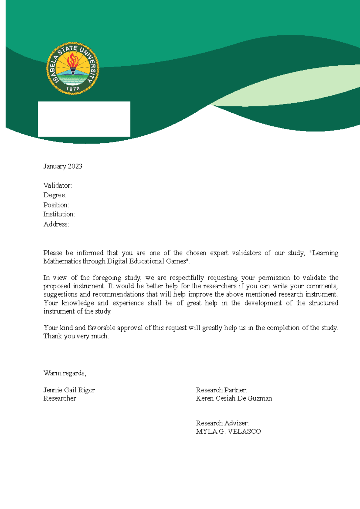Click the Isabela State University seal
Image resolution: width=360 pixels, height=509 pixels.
pos(73,69)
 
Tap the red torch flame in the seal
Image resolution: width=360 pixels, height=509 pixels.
pos(73,60)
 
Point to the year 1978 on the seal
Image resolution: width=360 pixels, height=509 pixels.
pos(73,89)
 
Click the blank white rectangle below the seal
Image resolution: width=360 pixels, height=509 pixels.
pos(84,119)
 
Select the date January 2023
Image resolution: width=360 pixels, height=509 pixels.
pos(63,166)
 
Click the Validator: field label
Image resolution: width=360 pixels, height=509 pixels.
pos(58,186)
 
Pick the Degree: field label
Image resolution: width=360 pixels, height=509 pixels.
pos(55,195)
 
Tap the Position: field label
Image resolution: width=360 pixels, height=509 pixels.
pos(56,205)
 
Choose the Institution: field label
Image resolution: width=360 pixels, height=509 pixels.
pos(59,214)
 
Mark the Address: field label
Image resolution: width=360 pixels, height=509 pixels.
pos(56,224)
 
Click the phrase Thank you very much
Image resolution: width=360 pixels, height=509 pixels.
pos(76,336)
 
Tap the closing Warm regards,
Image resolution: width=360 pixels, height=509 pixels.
pos(65,373)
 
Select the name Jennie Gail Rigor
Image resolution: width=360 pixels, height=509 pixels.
pos(69,390)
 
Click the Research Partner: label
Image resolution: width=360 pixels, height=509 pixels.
pos(221,390)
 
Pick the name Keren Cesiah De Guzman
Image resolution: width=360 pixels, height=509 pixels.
pos(234,398)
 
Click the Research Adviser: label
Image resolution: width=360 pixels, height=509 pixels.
pos(222,423)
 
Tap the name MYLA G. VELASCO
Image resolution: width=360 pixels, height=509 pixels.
pos(228,431)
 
